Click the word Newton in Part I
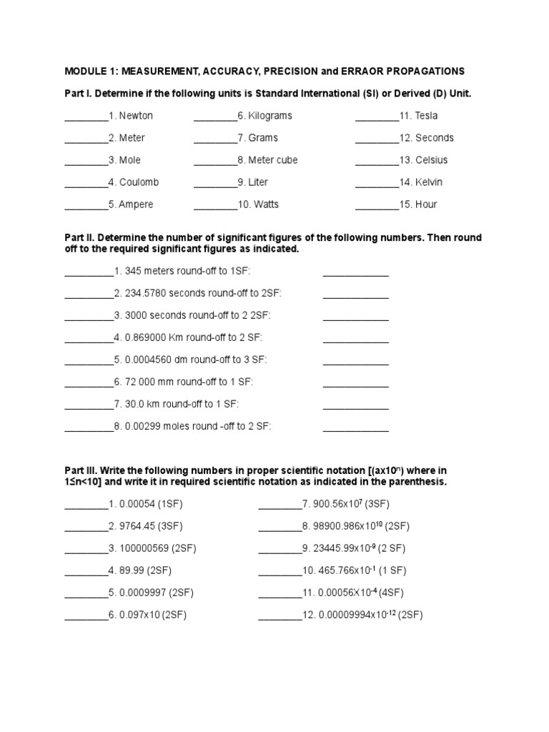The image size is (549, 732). pos(136,116)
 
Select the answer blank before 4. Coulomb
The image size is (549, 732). pos(86,183)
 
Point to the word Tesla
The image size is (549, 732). pos(427,116)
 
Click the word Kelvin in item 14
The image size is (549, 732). pos(429,182)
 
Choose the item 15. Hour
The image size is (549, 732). pos(418,204)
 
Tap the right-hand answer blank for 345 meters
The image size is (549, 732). pos(355,272)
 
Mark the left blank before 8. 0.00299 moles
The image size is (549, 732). pos(89,427)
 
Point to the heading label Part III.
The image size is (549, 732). pos(80,471)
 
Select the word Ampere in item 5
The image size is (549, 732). pos(136,204)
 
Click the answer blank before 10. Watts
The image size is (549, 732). pos(215,205)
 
